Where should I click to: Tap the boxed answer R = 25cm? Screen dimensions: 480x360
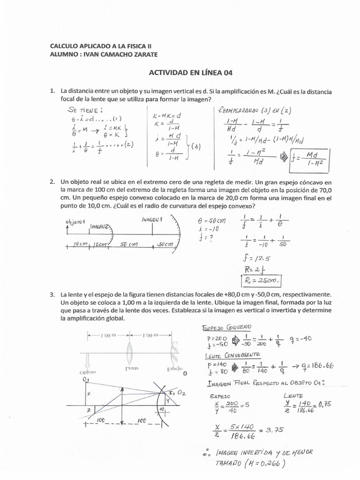coord(262,281)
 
